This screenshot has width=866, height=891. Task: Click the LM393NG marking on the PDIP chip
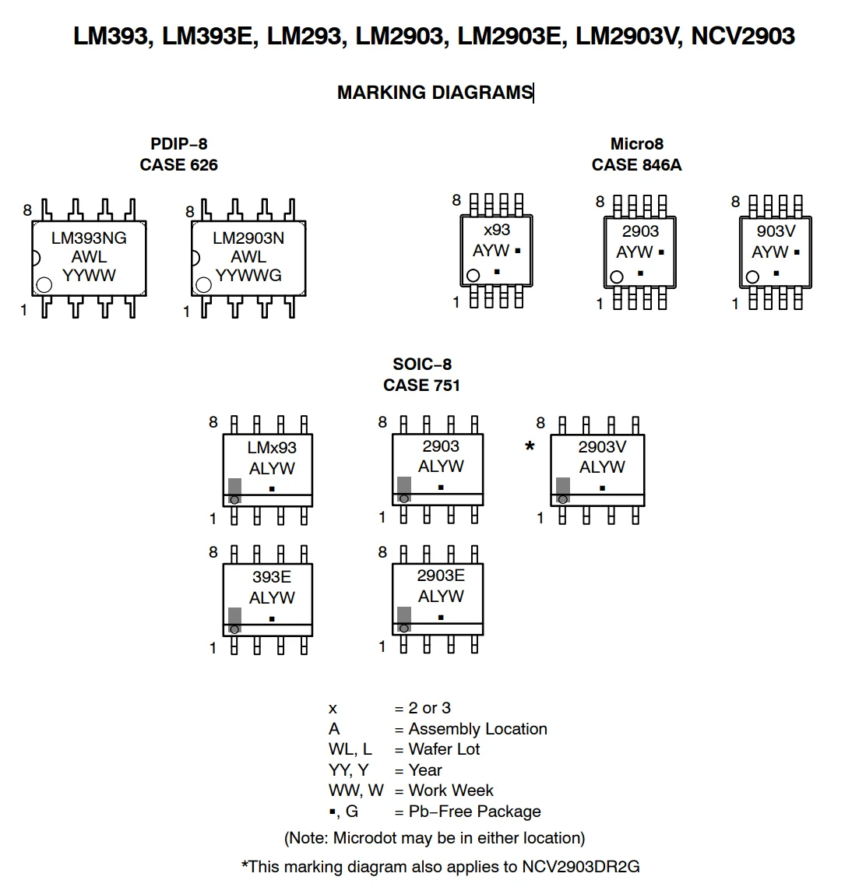click(89, 238)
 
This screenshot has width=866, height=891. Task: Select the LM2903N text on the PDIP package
click(248, 238)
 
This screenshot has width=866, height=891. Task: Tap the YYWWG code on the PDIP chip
click(248, 276)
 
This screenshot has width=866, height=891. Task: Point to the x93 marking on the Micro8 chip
click(496, 230)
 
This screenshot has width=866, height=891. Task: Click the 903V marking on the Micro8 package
click(776, 231)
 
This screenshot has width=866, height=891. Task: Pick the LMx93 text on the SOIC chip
click(272, 448)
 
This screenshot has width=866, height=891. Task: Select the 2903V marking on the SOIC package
click(601, 446)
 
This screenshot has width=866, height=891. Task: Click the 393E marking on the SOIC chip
click(272, 577)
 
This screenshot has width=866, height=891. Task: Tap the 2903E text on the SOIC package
click(441, 576)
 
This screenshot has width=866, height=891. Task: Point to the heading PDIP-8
click(178, 144)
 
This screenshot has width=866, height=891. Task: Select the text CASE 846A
click(636, 165)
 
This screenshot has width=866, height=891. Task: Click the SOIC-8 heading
click(421, 364)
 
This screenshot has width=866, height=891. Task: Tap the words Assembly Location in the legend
click(477, 729)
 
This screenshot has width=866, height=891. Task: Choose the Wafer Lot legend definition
click(444, 749)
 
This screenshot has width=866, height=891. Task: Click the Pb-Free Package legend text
click(474, 812)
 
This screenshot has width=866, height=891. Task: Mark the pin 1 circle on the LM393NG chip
click(44, 284)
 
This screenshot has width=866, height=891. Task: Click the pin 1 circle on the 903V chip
click(752, 276)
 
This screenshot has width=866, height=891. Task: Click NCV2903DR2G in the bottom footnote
click(580, 867)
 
